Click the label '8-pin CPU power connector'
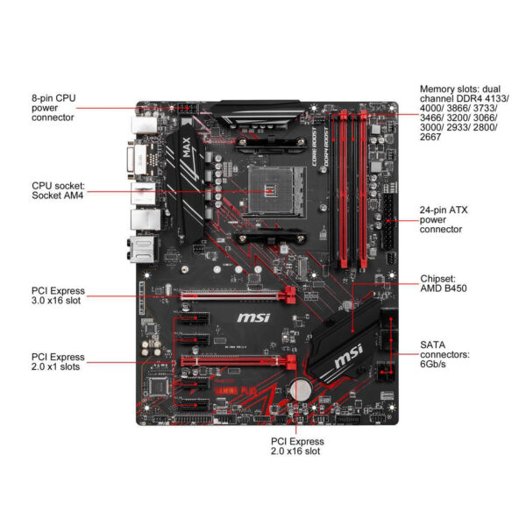[55, 108]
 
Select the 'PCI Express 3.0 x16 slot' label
[59, 295]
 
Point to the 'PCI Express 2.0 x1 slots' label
[59, 362]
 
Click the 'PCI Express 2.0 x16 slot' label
[296, 445]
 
